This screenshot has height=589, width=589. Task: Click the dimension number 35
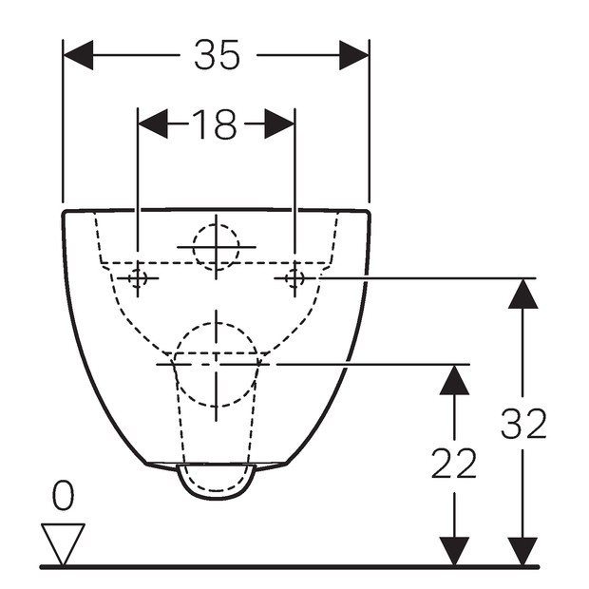(x=217, y=55)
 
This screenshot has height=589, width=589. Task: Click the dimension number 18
(x=215, y=123)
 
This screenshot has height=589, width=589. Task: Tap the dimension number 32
(x=523, y=424)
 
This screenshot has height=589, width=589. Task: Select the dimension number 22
(x=454, y=464)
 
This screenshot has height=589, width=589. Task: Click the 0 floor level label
(x=63, y=496)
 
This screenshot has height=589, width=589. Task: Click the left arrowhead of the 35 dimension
(x=78, y=55)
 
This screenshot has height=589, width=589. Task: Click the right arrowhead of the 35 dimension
(x=353, y=55)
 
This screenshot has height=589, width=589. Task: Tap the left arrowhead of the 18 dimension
(x=153, y=123)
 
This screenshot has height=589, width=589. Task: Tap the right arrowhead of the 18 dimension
(x=279, y=123)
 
